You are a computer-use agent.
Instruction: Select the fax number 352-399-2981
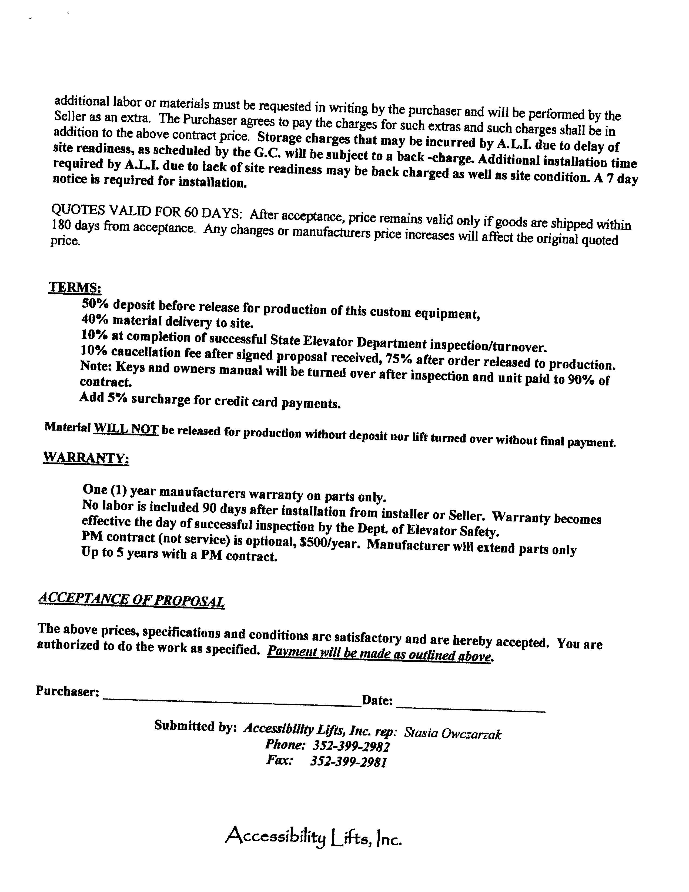point(348,762)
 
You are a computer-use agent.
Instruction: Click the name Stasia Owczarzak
point(452,734)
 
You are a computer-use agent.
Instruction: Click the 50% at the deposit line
point(94,304)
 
